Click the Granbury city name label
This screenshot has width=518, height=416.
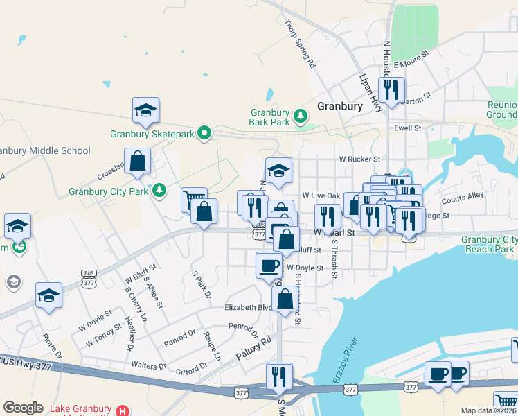(339, 106)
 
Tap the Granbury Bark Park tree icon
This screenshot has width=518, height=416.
(301, 116)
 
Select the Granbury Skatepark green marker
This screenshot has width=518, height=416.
(204, 132)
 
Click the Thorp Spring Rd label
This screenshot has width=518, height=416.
(300, 43)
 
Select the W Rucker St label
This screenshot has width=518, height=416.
(358, 159)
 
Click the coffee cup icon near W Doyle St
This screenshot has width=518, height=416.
(269, 265)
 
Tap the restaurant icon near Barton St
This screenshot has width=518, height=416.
(391, 89)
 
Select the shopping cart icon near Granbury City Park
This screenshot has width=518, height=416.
(194, 200)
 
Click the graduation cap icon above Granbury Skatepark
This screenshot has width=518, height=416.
(146, 110)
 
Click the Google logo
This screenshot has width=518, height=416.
(23, 408)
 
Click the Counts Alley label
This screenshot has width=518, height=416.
(463, 199)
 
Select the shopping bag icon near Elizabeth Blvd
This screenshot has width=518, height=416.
(285, 300)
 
